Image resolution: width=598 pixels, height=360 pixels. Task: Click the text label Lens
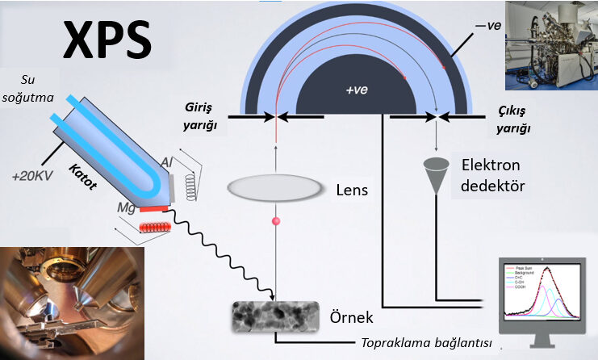pos(353,191)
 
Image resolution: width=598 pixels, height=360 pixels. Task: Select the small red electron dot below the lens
pos(276,221)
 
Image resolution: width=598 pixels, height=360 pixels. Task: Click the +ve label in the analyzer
pos(356,90)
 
